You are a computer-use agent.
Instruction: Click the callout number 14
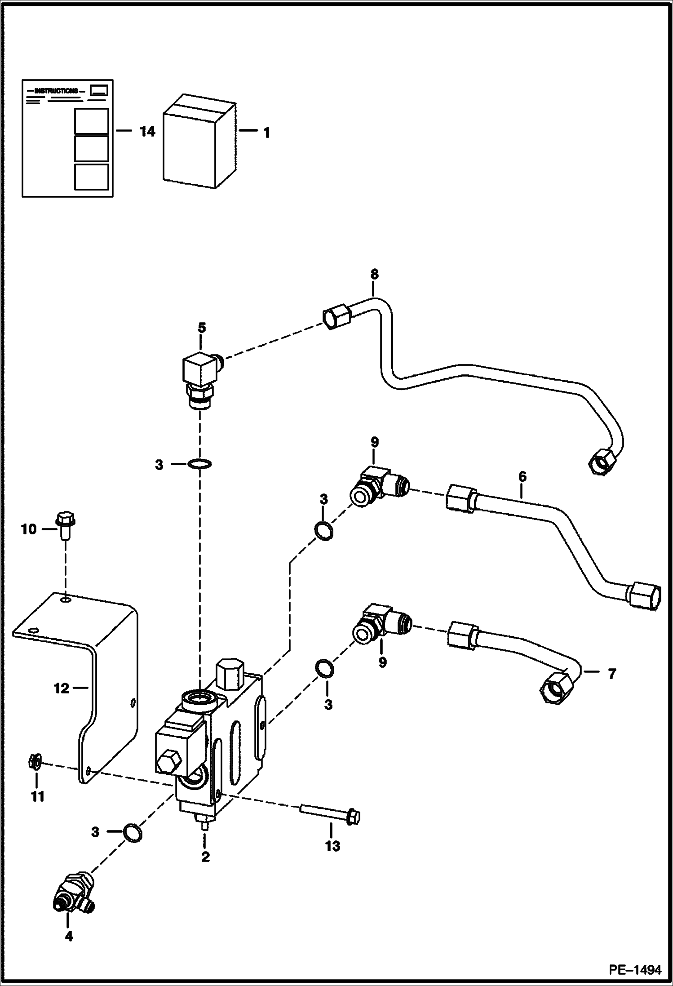click(147, 132)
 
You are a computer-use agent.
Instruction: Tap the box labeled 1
click(198, 142)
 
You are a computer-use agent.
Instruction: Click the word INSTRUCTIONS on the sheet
click(56, 91)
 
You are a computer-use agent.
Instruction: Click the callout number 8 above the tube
click(374, 274)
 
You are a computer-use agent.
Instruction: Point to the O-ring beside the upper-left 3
click(199, 463)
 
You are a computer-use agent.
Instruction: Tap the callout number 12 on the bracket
click(62, 688)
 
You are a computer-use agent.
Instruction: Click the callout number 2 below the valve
click(205, 857)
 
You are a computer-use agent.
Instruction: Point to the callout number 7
click(611, 674)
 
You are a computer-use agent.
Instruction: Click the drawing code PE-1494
click(635, 969)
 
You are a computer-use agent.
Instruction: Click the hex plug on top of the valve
click(229, 674)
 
